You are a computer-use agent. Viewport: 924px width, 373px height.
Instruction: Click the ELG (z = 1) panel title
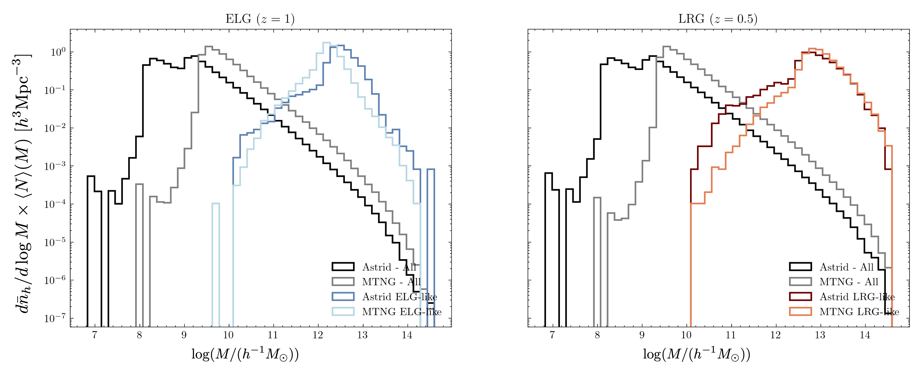tap(260, 19)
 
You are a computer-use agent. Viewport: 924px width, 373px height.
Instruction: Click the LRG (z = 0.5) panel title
tap(718, 19)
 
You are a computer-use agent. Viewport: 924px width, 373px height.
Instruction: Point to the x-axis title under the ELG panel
tap(245, 354)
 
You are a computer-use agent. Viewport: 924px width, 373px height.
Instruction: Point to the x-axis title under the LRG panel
tap(696, 354)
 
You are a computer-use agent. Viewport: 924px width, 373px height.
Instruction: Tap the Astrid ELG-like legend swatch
tap(343, 297)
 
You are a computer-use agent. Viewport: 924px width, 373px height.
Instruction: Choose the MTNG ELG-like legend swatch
tap(343, 312)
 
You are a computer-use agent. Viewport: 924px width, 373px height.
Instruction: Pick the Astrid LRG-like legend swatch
tap(800, 297)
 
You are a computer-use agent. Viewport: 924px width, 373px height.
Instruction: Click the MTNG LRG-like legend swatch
tap(800, 312)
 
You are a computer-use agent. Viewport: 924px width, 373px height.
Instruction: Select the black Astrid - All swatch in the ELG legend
tap(343, 267)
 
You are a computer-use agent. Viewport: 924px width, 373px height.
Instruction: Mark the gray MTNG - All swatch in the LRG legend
tap(800, 282)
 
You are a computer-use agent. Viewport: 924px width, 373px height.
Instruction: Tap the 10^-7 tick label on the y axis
tap(55, 318)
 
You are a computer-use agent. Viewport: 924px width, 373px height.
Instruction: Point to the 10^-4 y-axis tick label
tap(55, 204)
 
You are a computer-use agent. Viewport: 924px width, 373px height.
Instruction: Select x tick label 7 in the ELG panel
tap(94, 335)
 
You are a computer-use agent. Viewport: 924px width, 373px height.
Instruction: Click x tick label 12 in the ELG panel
tap(317, 335)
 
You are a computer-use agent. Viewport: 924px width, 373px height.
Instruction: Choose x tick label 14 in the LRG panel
tap(865, 335)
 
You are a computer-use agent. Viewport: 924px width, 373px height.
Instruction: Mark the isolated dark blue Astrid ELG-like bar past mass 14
tap(431, 247)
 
